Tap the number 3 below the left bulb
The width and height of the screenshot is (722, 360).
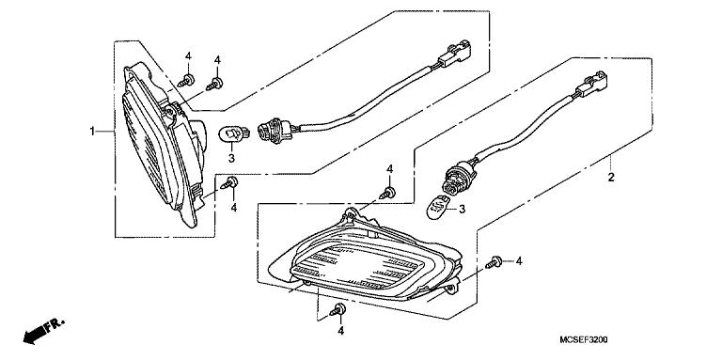click(230, 159)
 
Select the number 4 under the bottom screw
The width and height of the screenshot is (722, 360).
click(342, 331)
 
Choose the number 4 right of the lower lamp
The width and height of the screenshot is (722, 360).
click(518, 260)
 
